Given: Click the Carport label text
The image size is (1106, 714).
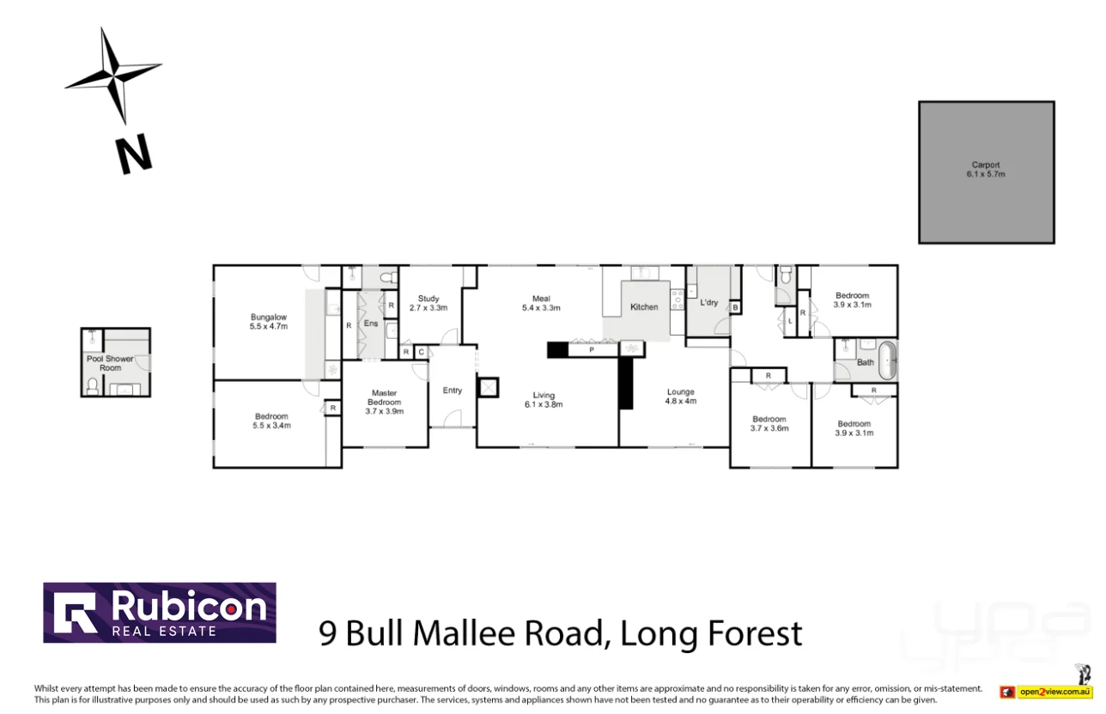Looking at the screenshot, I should click(986, 165).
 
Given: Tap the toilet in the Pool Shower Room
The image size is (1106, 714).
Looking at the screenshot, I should click(94, 385).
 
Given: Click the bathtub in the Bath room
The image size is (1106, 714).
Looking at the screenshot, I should click(886, 360).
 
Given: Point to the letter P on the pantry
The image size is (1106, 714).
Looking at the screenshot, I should click(592, 349).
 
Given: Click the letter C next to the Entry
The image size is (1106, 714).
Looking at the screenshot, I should click(421, 352).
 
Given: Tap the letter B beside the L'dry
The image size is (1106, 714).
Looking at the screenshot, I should click(736, 307).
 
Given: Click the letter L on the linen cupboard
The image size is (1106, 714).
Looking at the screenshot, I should click(789, 321).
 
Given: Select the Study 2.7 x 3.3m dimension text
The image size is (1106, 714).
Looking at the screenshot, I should click(428, 307).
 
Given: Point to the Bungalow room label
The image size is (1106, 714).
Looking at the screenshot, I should click(268, 317).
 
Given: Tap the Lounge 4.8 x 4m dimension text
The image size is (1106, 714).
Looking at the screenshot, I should click(681, 401).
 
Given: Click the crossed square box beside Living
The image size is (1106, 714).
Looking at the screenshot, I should click(489, 387).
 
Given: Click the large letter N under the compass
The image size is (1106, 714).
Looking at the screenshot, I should click(133, 154).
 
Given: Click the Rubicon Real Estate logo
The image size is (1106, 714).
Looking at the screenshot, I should click(160, 613).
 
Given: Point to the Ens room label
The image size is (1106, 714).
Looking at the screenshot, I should click(370, 324).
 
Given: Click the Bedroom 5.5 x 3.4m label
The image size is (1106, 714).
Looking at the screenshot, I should click(270, 421).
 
